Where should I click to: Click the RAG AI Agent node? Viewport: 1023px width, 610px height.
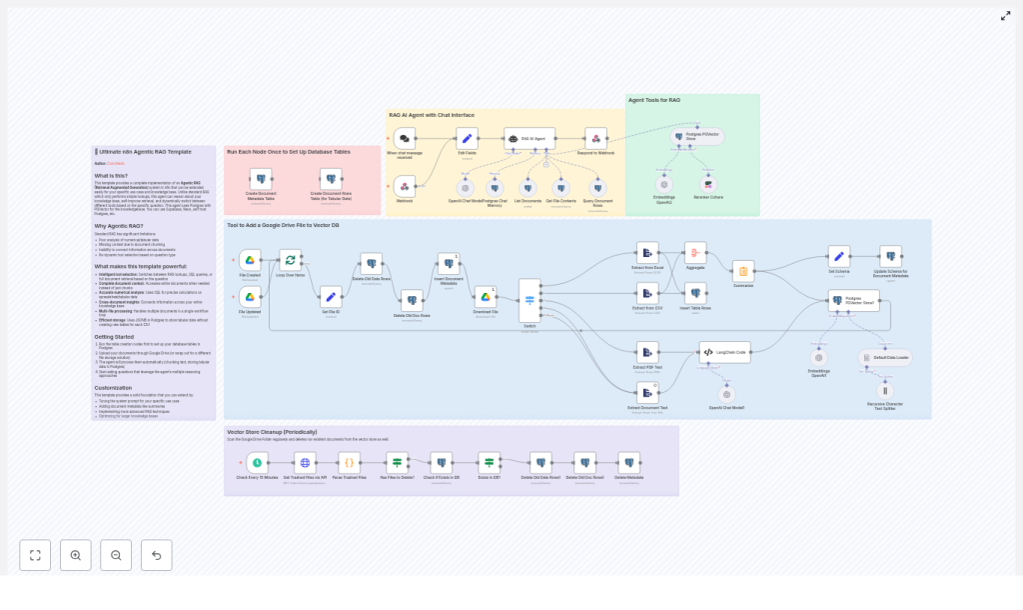pyautogui.click(x=529, y=138)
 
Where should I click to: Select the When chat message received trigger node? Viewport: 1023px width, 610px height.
pyautogui.click(x=405, y=138)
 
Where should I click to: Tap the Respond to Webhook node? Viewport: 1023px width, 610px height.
pyautogui.click(x=595, y=138)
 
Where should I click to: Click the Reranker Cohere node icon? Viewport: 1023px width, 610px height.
pyautogui.click(x=708, y=184)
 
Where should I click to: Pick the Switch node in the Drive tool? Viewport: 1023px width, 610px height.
pyautogui.click(x=529, y=300)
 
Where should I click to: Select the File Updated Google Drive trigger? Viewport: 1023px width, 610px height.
pyautogui.click(x=250, y=297)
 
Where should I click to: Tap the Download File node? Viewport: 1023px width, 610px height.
pyautogui.click(x=485, y=296)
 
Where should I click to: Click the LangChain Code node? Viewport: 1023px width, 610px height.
pyautogui.click(x=724, y=352)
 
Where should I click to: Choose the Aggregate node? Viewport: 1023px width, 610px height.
pyautogui.click(x=695, y=253)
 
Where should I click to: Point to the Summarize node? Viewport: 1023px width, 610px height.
pyautogui.click(x=743, y=271)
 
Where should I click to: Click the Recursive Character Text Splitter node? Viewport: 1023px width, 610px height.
pyautogui.click(x=883, y=390)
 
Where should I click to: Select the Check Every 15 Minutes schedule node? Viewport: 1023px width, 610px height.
pyautogui.click(x=257, y=463)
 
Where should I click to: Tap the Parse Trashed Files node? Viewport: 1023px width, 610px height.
pyautogui.click(x=349, y=463)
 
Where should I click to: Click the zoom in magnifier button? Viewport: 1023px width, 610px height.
pyautogui.click(x=76, y=555)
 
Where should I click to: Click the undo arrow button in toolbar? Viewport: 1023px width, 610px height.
pyautogui.click(x=156, y=555)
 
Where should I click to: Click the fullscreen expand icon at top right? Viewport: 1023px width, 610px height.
pyautogui.click(x=1005, y=15)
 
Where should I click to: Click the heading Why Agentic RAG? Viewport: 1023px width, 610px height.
pyautogui.click(x=119, y=226)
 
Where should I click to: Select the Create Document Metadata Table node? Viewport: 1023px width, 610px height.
pyautogui.click(x=261, y=178)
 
